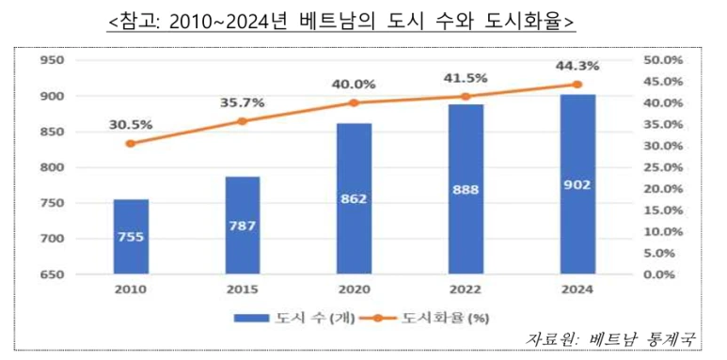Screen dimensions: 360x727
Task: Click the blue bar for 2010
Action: (x=131, y=237)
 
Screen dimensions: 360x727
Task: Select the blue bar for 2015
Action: (x=242, y=226)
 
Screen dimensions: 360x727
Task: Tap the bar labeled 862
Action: (x=354, y=199)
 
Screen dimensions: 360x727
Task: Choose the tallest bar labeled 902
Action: (x=577, y=185)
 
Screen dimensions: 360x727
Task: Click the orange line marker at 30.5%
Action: (x=131, y=144)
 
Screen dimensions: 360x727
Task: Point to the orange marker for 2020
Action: (x=354, y=102)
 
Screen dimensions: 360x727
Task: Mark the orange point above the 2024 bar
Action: (x=577, y=85)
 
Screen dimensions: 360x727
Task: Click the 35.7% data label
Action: (x=242, y=102)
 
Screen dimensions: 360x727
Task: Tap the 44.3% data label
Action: (x=577, y=65)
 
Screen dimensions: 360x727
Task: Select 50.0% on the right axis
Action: (x=659, y=61)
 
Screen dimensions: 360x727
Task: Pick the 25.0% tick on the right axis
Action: (x=659, y=167)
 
